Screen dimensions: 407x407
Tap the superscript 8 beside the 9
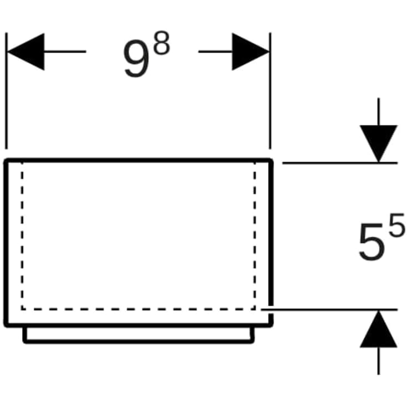162,43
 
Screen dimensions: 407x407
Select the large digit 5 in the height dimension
372,241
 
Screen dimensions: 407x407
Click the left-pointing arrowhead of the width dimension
26,51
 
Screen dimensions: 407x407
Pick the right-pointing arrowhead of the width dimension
250,51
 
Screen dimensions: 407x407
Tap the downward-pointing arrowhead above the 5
378,143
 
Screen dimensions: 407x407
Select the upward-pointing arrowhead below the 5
378,329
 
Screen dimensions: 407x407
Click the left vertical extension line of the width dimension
7,91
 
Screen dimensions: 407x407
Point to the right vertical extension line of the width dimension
270,91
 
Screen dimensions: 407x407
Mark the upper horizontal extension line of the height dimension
340,163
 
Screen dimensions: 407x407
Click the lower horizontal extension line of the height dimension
329,310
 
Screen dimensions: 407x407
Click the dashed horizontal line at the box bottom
138,309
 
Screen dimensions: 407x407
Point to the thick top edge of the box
138,160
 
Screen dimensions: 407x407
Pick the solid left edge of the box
6,243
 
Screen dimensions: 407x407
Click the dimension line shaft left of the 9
65,51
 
